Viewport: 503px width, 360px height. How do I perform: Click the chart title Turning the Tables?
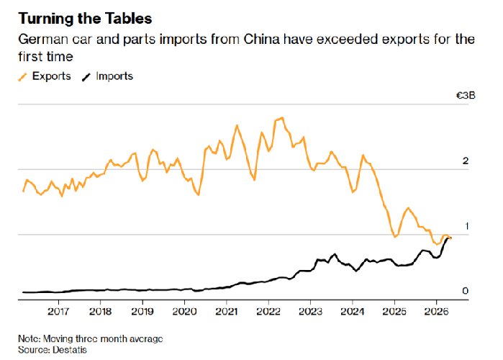pyautogui.click(x=85, y=18)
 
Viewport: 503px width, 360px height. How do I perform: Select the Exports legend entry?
pyautogui.click(x=45, y=76)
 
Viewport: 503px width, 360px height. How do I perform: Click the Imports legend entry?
pyautogui.click(x=107, y=76)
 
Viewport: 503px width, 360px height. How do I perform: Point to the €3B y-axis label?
pyautogui.click(x=466, y=96)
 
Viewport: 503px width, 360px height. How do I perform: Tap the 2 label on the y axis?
pyautogui.click(x=466, y=161)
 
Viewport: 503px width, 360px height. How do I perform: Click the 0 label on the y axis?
pyautogui.click(x=466, y=291)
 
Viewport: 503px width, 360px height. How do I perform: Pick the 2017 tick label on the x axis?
pyautogui.click(x=58, y=311)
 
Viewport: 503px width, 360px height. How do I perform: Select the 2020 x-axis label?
pyautogui.click(x=184, y=311)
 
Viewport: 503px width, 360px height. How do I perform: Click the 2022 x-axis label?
pyautogui.click(x=268, y=311)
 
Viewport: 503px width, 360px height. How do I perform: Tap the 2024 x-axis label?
pyautogui.click(x=352, y=311)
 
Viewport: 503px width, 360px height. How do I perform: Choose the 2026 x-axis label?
pyautogui.click(x=436, y=311)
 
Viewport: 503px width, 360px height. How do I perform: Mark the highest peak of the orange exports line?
pyautogui.click(x=282, y=118)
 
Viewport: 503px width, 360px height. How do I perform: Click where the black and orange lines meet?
pyautogui.click(x=450, y=238)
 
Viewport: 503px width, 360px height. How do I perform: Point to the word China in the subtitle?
pyautogui.click(x=261, y=40)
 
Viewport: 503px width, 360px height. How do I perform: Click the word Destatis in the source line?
pyautogui.click(x=70, y=349)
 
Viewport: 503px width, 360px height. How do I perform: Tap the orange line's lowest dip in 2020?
pyautogui.click(x=198, y=194)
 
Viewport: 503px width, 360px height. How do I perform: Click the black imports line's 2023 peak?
pyautogui.click(x=335, y=254)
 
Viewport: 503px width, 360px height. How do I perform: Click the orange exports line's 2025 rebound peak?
pyautogui.click(x=408, y=208)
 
